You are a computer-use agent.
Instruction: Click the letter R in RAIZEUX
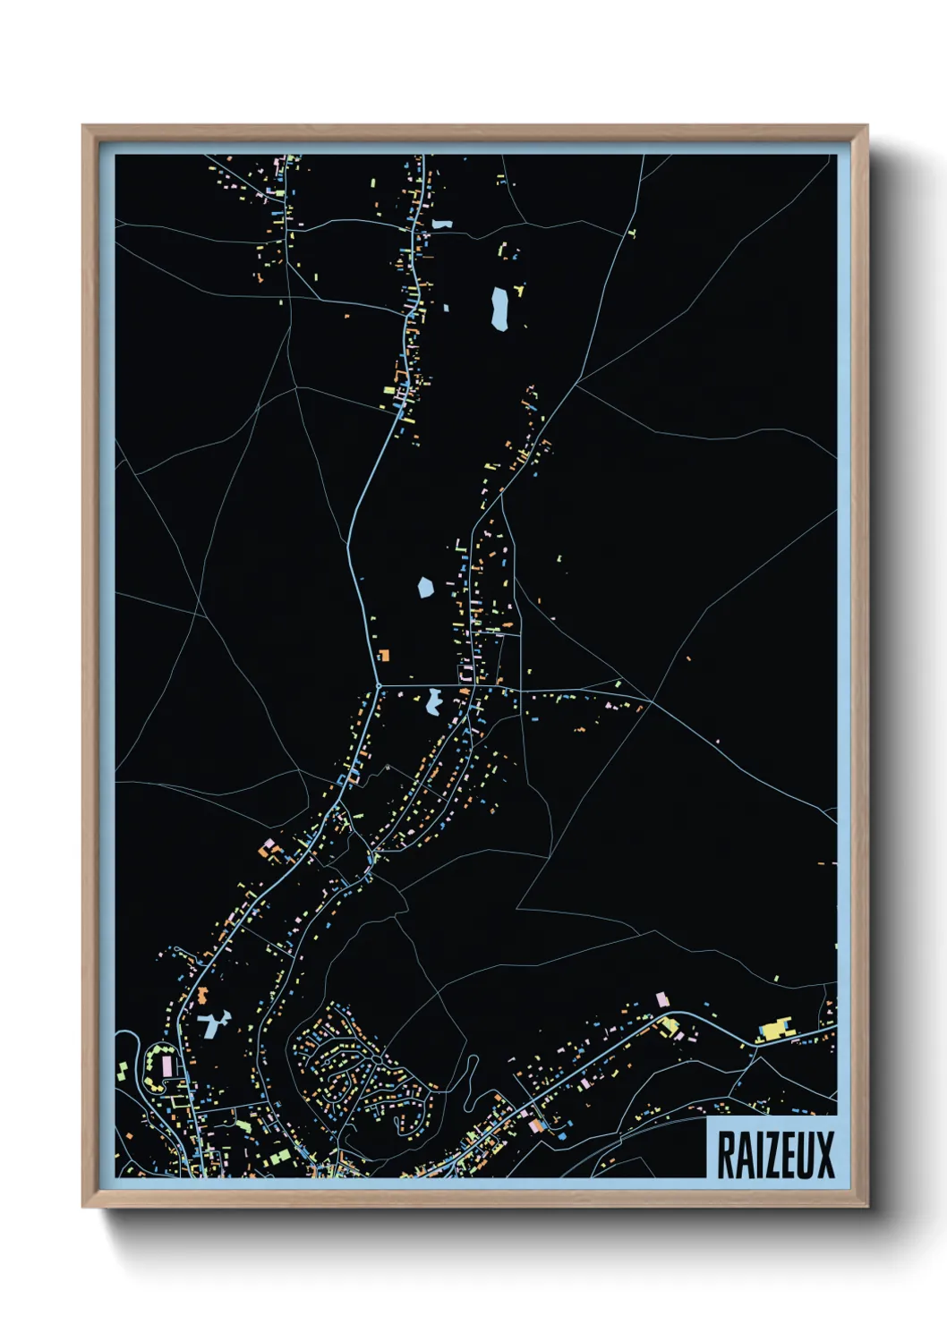725,1155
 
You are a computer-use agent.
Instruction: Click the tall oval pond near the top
499,309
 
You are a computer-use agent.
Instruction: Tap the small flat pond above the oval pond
442,224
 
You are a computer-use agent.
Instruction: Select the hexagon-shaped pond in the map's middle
426,588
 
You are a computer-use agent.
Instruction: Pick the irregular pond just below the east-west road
434,701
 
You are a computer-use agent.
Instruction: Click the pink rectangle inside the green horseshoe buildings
166,1065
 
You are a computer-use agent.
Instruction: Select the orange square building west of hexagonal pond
384,655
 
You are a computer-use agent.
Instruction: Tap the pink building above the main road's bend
662,998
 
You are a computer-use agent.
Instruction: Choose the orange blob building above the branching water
202,994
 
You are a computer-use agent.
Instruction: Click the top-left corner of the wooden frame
83,126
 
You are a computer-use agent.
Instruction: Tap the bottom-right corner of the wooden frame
866,1207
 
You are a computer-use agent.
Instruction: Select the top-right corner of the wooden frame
866,126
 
